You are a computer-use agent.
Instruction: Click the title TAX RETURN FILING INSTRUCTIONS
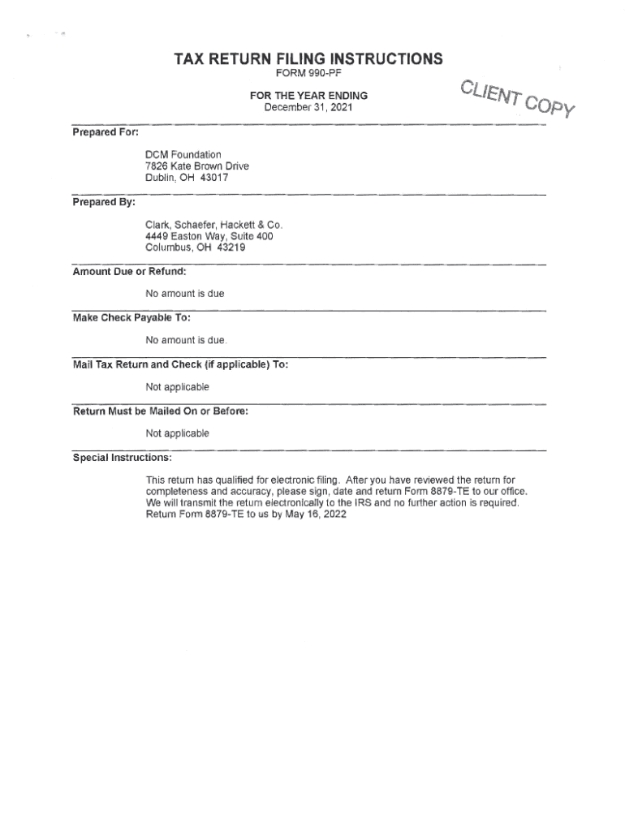308,58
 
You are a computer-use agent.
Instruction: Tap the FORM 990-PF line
308,75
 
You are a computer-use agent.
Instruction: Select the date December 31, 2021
308,107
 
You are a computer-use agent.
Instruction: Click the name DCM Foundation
183,154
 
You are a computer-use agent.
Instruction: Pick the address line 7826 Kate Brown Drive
197,166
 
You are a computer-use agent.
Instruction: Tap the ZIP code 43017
213,178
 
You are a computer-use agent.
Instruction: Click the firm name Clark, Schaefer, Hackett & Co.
214,225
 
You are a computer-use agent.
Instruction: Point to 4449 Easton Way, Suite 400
209,236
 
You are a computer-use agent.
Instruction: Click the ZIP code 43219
231,248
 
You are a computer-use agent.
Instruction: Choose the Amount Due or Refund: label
130,271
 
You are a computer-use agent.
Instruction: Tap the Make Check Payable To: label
131,318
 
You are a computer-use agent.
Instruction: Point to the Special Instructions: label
123,458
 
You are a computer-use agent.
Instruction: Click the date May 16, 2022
317,515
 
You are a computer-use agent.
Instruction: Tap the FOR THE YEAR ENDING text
308,96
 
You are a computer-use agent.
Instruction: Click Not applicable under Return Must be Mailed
177,433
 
